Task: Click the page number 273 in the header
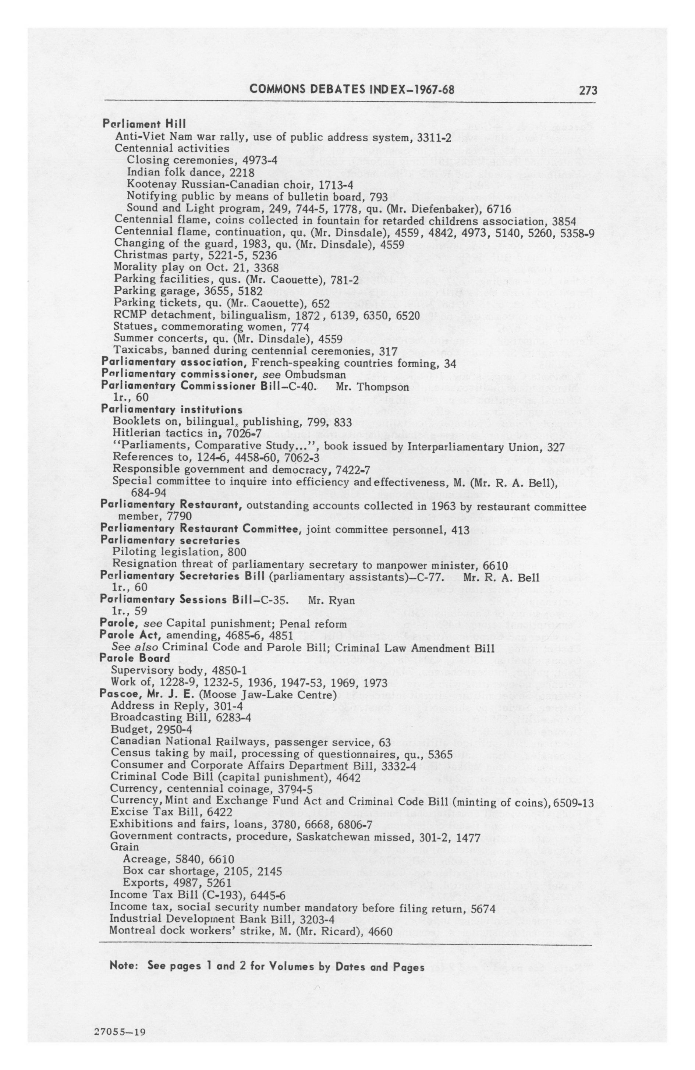tap(588, 91)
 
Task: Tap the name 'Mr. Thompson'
tap(372, 387)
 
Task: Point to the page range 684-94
tap(148, 493)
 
